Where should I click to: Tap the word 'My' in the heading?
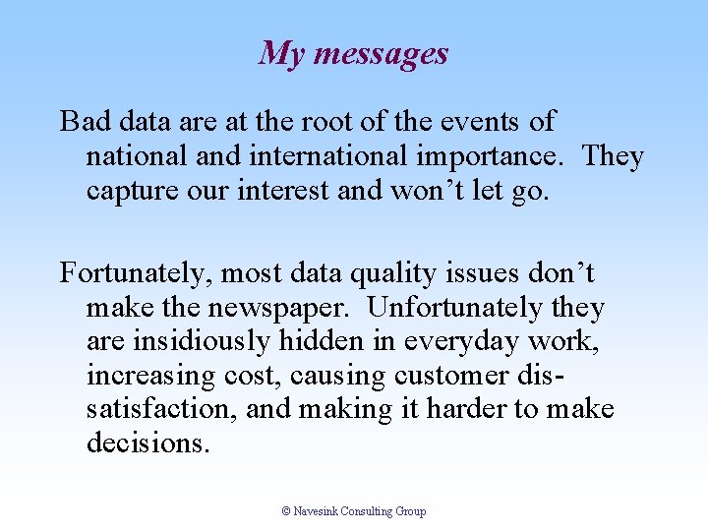coord(279,53)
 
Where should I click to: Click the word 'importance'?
coord(495,156)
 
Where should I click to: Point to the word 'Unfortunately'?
coord(455,308)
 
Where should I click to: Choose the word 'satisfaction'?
coord(157,409)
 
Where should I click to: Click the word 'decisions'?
coord(147,443)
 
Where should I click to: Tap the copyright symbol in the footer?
coord(286,511)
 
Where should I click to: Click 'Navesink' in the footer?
coord(316,511)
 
